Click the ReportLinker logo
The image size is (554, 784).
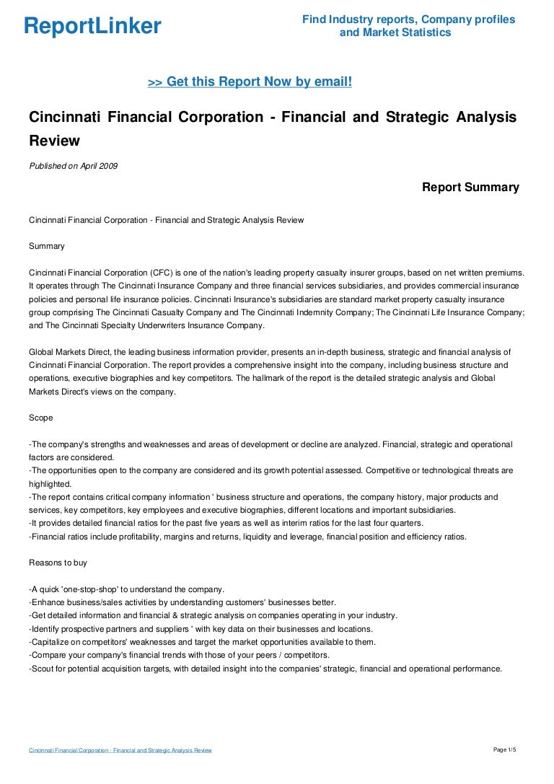click(92, 27)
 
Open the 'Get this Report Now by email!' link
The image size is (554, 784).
click(250, 82)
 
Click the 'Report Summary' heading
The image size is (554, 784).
click(470, 188)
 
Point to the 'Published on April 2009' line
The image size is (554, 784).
click(73, 166)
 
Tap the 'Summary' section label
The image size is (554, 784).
click(46, 246)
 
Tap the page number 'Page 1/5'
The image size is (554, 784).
click(505, 750)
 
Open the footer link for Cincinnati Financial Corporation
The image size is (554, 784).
click(120, 751)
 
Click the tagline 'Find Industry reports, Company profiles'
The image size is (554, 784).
click(408, 19)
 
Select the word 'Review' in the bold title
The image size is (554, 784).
click(54, 140)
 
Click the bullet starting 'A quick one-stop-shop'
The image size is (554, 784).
click(127, 589)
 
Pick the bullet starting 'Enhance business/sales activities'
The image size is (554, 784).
click(183, 602)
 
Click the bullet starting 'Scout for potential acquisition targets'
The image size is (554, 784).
click(265, 669)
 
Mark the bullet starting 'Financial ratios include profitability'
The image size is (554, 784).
click(247, 536)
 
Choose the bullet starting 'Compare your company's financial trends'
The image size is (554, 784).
click(179, 655)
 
